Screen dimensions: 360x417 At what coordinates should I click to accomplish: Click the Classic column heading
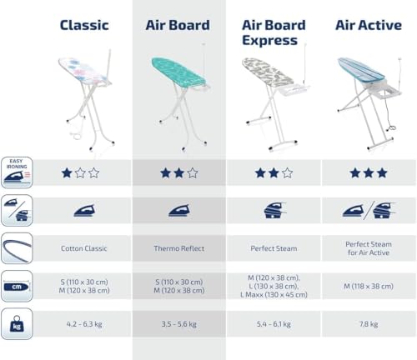(84, 24)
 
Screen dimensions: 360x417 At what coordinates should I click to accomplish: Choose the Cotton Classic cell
(84, 247)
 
